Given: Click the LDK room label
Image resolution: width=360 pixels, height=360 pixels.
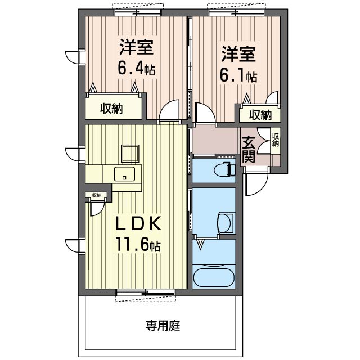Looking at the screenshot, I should (x=139, y=224).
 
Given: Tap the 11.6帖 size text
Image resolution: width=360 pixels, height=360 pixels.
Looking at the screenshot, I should (x=139, y=245).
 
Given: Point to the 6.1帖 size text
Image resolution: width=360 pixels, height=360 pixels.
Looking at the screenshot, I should (x=238, y=76).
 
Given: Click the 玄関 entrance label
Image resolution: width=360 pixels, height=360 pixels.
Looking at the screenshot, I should (x=249, y=150).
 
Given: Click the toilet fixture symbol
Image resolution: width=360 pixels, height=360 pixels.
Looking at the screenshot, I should (x=224, y=168).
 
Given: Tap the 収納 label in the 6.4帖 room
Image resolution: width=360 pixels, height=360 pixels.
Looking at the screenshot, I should (x=112, y=109).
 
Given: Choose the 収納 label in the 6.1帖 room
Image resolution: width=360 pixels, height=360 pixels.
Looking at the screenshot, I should (x=260, y=115).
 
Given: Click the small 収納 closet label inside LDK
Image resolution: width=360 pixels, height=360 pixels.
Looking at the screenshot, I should (x=98, y=195).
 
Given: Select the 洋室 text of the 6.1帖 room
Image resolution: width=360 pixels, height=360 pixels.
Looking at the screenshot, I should (x=238, y=55).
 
